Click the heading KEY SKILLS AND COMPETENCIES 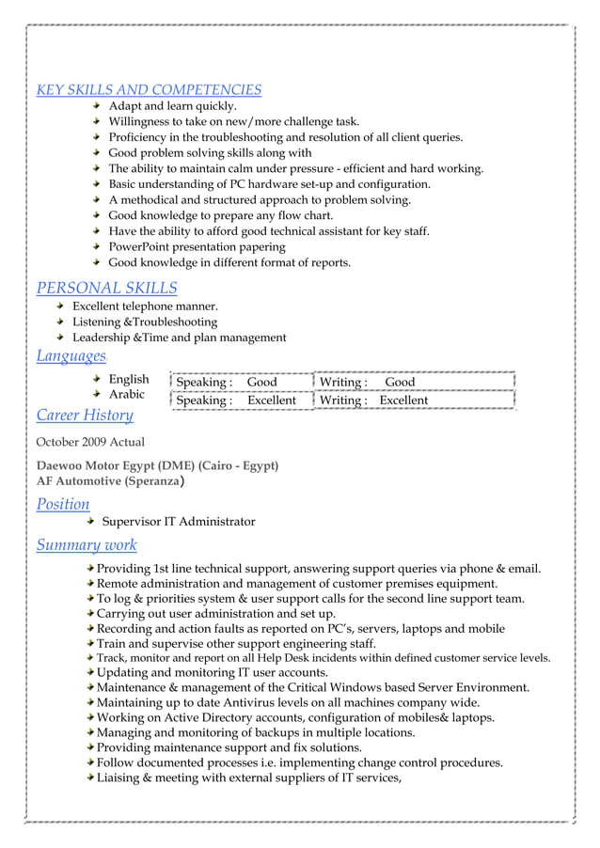[149, 90]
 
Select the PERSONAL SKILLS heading [106, 288]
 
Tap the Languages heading [71, 356]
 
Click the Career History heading [85, 415]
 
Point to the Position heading [63, 504]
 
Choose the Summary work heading [87, 544]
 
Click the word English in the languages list [129, 380]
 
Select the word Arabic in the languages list [127, 395]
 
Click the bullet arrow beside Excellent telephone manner [60, 306]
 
